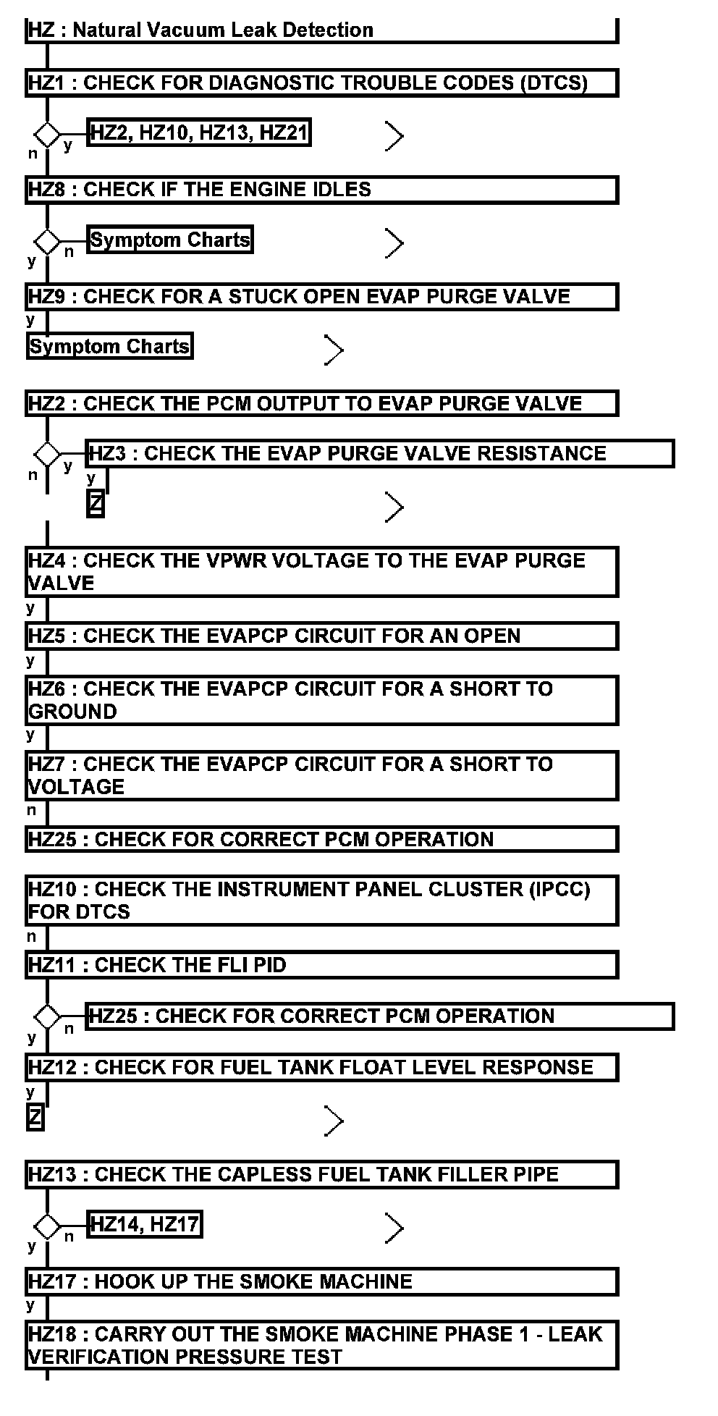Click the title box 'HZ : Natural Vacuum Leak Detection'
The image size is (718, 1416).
[321, 30]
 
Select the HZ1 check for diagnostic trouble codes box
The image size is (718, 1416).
[321, 83]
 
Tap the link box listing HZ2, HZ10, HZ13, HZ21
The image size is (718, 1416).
[199, 133]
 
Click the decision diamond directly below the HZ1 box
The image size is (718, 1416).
[48, 135]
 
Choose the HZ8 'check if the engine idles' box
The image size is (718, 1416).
[321, 190]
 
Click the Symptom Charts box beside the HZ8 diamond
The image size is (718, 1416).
[170, 240]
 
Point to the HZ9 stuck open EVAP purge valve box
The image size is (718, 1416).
[321, 297]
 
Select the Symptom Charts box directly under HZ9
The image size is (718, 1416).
[110, 347]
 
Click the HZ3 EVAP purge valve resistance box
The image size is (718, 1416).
[380, 454]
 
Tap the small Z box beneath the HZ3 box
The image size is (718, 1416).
[96, 504]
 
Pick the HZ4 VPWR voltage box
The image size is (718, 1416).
[321, 572]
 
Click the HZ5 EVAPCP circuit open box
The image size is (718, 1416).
[321, 636]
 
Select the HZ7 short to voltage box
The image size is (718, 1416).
[321, 775]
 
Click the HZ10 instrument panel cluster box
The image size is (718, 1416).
[321, 901]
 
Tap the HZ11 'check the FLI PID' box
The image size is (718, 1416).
[321, 966]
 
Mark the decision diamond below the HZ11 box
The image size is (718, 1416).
[48, 1017]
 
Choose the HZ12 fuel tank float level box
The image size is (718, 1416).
[321, 1068]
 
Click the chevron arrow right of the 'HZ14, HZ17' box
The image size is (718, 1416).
[394, 1228]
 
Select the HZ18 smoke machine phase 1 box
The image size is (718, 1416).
[321, 1346]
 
